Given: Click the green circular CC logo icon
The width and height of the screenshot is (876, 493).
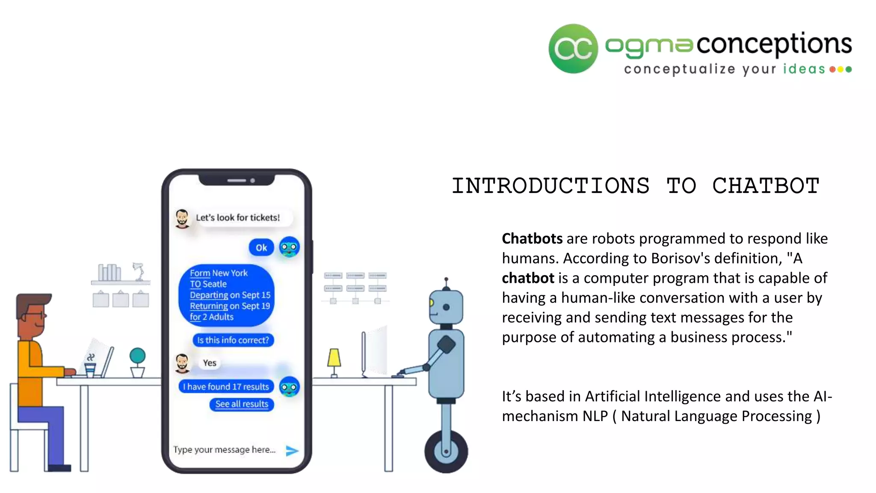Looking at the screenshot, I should click(573, 48).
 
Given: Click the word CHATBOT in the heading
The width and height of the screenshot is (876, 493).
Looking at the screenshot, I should click(765, 186).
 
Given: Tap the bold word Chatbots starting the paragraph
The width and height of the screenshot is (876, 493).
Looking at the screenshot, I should click(532, 239).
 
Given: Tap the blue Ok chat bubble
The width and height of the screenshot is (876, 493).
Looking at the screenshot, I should click(261, 247).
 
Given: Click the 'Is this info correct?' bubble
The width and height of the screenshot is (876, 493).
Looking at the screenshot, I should click(233, 340).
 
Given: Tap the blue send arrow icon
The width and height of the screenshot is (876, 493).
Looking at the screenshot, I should click(292, 450).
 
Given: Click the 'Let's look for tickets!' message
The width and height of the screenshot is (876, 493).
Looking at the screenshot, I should click(238, 217).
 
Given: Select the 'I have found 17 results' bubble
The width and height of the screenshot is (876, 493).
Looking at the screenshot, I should click(226, 387).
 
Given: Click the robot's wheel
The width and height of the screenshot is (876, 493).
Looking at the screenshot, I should click(446, 451).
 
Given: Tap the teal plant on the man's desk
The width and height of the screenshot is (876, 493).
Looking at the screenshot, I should click(137, 356).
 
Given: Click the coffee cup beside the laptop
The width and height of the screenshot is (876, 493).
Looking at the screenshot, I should click(90, 369).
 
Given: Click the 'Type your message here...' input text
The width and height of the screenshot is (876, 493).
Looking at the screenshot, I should click(224, 450).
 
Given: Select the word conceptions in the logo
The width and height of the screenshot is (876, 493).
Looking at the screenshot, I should click(774, 44).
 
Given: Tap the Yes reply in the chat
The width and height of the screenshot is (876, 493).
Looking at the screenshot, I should click(210, 363).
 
